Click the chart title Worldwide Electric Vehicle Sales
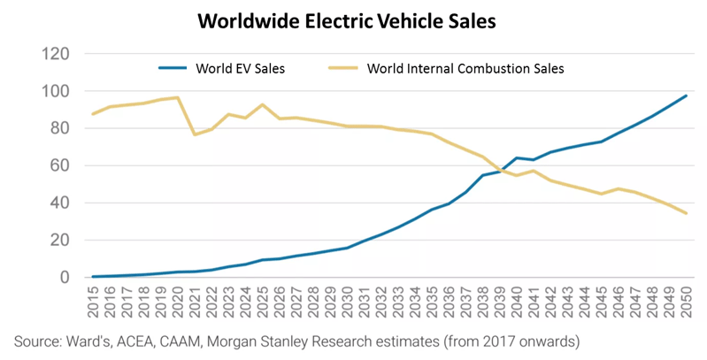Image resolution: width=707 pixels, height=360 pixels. pyautogui.click(x=354, y=21)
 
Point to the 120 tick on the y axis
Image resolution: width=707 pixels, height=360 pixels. pyautogui.click(x=56, y=54)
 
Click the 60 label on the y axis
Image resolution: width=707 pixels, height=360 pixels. pyautogui.click(x=59, y=165)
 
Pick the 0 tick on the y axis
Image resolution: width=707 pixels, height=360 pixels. pyautogui.click(x=65, y=277)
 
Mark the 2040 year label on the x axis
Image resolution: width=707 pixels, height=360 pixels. pyautogui.click(x=518, y=302)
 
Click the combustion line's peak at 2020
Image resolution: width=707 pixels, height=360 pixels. pyautogui.click(x=178, y=97)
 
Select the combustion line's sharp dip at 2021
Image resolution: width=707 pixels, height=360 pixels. pyautogui.click(x=195, y=134)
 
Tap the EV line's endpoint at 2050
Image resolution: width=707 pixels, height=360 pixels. pyautogui.click(x=688, y=96)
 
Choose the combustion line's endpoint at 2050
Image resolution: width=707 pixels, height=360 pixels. pyautogui.click(x=688, y=213)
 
